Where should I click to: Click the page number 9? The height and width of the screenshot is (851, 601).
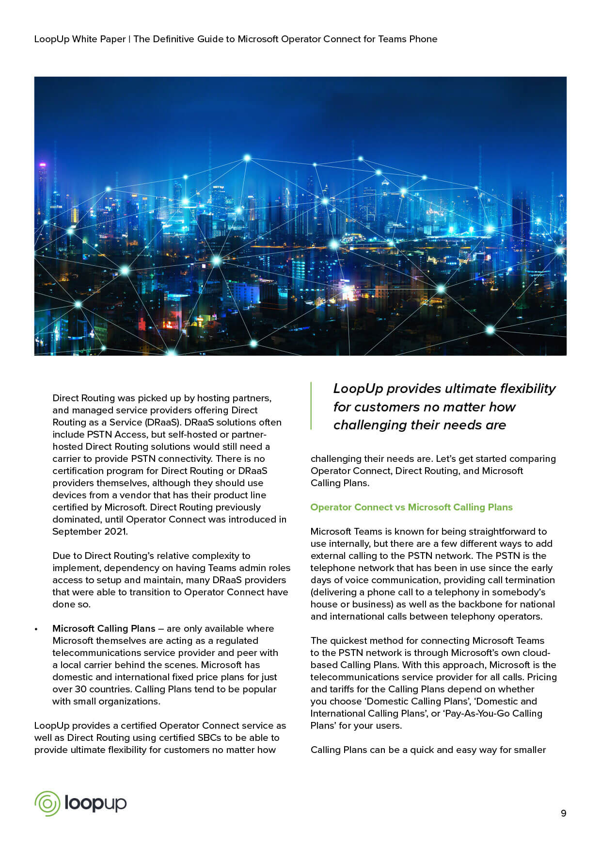[563, 813]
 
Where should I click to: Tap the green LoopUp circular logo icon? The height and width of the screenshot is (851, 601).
[47, 803]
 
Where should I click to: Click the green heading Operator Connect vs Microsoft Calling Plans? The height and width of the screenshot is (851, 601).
[411, 507]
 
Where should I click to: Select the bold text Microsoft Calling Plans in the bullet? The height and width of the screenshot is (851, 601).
[104, 628]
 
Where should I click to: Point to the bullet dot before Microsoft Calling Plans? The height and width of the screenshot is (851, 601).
[36, 629]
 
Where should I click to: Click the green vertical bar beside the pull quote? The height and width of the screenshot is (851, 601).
[311, 406]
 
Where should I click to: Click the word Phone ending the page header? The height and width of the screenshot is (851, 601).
[423, 39]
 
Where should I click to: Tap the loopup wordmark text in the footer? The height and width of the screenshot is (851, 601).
[95, 803]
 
